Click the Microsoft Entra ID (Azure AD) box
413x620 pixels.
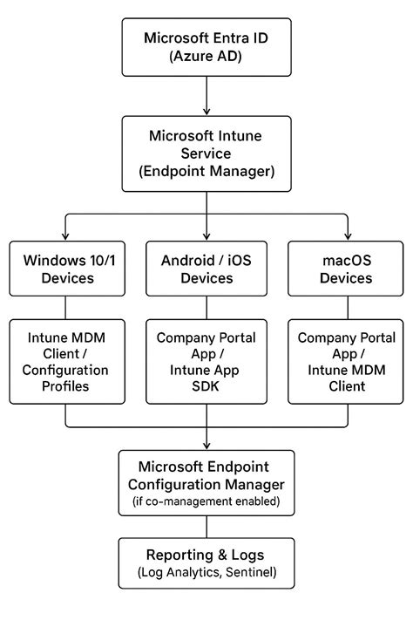click(206, 49)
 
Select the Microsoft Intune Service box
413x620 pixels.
click(206, 153)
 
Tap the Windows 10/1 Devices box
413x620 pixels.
click(65, 269)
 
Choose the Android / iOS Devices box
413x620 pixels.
click(206, 269)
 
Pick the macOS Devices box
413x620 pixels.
click(348, 269)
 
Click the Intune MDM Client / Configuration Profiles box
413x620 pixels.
click(65, 362)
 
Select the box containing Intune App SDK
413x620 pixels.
click(206, 362)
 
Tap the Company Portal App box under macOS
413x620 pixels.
click(348, 362)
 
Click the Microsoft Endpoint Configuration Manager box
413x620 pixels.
click(206, 482)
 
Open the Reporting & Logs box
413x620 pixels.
click(206, 563)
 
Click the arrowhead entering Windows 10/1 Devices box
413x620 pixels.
click(65, 236)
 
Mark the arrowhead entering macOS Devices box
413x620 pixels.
click(348, 236)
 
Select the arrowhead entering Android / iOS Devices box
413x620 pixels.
click(206, 236)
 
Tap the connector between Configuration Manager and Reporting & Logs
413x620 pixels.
click(206, 526)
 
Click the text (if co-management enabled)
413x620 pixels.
click(206, 501)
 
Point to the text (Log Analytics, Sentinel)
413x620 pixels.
click(206, 573)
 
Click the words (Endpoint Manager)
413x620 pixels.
click(206, 172)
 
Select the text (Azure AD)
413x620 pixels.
click(206, 58)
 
